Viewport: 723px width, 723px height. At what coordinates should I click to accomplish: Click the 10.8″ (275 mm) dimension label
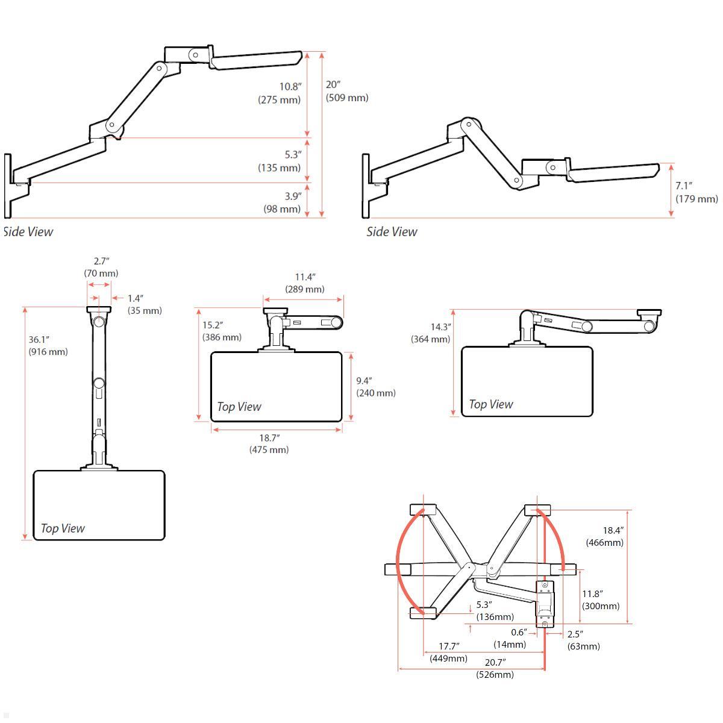tap(280, 93)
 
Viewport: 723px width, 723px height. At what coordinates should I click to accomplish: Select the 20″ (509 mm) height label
tap(346, 92)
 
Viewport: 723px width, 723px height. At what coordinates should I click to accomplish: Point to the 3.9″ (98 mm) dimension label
tap(282, 202)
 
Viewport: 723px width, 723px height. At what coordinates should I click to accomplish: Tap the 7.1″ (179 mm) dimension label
tap(696, 192)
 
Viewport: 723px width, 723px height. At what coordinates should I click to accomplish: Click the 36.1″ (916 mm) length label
tap(48, 346)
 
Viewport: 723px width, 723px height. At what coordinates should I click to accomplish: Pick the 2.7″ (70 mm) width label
tap(101, 267)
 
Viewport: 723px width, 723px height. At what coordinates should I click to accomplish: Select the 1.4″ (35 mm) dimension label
tap(144, 304)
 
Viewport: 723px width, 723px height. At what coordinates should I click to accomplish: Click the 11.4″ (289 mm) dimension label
tap(304, 283)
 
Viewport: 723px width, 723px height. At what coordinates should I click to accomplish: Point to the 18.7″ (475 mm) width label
tap(269, 444)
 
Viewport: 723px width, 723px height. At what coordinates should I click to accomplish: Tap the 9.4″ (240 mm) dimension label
tap(375, 387)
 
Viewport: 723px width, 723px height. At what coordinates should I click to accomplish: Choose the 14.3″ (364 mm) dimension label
tap(431, 333)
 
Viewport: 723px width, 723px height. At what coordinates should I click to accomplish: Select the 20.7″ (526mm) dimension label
tap(495, 668)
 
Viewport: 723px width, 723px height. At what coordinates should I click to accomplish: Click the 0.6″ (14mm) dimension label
tap(510, 638)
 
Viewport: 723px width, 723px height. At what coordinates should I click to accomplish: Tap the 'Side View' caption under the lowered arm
tap(392, 232)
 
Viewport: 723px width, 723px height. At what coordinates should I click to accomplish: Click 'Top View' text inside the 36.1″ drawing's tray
tap(63, 528)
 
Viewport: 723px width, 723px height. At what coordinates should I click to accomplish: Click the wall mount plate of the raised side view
tap(8, 186)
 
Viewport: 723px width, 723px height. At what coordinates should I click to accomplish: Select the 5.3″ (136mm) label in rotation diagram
tap(495, 610)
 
